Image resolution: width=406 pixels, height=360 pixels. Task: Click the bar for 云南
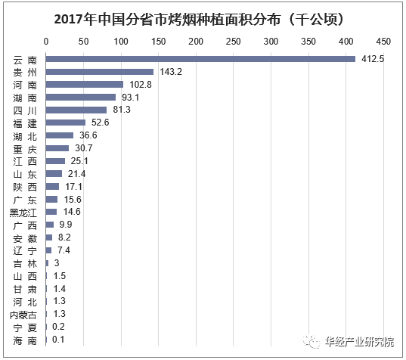[x=200, y=58]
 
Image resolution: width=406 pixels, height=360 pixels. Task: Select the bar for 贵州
[x=100, y=71]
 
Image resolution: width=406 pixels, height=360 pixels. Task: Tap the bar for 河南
[x=85, y=84]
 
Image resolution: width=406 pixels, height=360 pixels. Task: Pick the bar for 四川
[x=76, y=110]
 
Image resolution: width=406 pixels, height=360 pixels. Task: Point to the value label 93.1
[x=132, y=97]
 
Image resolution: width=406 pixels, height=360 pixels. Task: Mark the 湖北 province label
[x=23, y=135]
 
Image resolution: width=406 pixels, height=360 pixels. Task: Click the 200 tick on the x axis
[x=196, y=40]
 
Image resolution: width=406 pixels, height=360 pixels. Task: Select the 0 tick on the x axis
[x=47, y=40]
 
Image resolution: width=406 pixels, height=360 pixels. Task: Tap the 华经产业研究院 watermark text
[x=358, y=341]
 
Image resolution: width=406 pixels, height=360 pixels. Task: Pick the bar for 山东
[x=54, y=174]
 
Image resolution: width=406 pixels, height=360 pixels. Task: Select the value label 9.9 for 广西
[x=64, y=225]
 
